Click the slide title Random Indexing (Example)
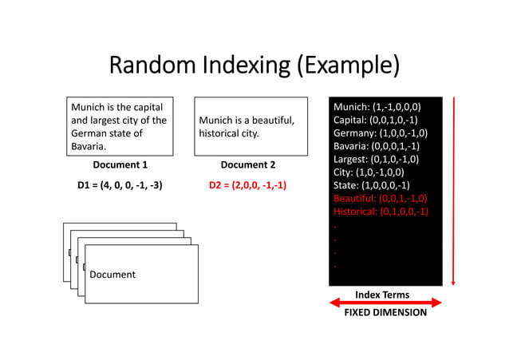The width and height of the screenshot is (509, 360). [254, 64]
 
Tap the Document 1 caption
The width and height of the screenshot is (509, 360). [120, 165]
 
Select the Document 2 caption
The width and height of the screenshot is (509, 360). [247, 165]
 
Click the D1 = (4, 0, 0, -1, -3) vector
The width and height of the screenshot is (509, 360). [120, 185]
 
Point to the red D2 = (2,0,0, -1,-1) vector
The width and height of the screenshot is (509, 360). [247, 185]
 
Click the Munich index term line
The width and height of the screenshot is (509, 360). [377, 106]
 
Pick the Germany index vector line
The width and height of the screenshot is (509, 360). [381, 133]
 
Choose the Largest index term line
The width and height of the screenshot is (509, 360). [377, 159]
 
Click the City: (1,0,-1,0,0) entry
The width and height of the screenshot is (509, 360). [369, 172]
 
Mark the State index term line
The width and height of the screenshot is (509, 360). [373, 184]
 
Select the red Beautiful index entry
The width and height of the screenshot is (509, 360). [381, 198]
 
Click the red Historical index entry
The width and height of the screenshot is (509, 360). [381, 211]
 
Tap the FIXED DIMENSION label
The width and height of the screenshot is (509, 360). [385, 313]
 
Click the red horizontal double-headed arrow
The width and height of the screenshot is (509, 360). [385, 303]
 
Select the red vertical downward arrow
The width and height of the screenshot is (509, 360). [453, 192]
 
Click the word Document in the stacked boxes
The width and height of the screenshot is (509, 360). [112, 275]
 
